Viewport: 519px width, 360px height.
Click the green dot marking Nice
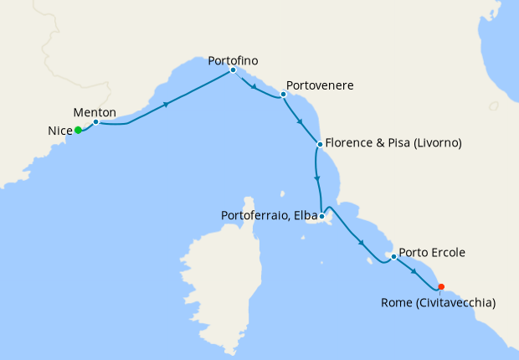coord(78,130)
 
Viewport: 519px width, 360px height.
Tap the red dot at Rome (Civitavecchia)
coord(441,286)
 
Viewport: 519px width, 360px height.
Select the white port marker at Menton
coord(96,122)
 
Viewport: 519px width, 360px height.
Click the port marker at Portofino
coord(233,70)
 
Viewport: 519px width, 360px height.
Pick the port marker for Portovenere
coord(284,95)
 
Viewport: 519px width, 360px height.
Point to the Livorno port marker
coord(320,144)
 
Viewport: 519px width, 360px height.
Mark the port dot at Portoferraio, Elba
coord(321,216)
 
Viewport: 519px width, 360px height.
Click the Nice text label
coord(59,131)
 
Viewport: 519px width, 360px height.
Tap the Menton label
coord(95,111)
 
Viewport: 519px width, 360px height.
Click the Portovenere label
coord(325,85)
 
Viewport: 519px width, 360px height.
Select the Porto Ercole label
coord(432,251)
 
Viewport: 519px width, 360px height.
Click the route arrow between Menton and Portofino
coord(167,105)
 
